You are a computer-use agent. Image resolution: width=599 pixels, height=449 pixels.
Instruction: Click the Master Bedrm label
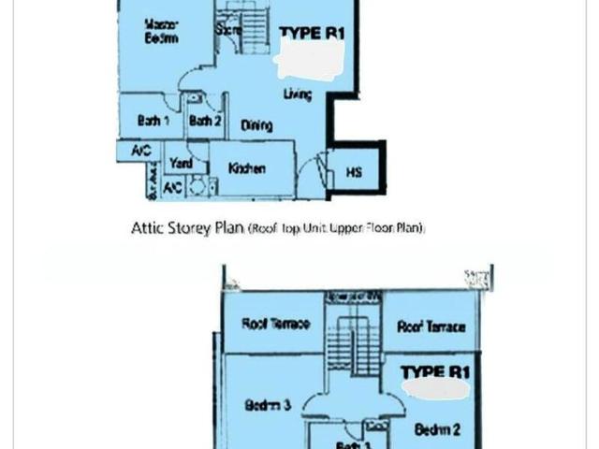[161, 30]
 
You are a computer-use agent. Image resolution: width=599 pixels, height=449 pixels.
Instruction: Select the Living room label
[297, 94]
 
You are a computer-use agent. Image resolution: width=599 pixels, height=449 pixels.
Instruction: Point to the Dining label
[256, 124]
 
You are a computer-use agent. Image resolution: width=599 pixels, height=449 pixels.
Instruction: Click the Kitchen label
[248, 168]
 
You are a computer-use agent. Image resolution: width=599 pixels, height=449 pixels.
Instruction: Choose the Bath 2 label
[203, 120]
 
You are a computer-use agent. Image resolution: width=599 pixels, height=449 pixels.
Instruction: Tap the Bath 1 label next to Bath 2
[153, 120]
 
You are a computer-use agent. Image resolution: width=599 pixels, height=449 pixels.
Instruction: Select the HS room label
[354, 172]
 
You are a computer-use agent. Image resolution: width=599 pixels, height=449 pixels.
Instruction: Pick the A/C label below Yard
[173, 187]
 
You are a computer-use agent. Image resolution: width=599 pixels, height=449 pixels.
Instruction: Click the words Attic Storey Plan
[187, 227]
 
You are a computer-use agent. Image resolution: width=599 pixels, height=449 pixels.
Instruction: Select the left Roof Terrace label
[270, 325]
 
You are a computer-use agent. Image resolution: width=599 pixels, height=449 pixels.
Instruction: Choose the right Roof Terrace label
[431, 326]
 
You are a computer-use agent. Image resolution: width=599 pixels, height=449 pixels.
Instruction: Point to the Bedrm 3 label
[269, 405]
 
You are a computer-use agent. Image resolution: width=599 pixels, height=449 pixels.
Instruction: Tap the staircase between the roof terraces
[353, 332]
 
